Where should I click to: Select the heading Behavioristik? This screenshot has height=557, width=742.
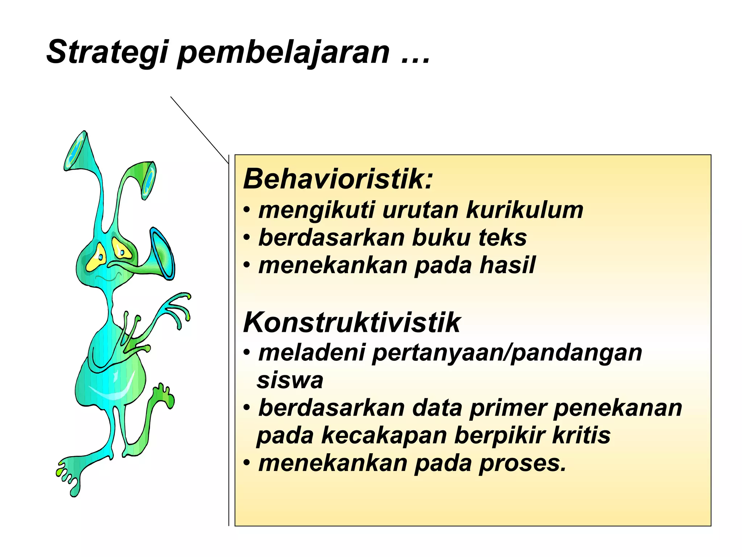click(x=338, y=179)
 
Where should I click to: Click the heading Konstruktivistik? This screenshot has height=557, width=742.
click(x=351, y=322)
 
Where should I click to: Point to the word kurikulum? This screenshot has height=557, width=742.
click(x=524, y=210)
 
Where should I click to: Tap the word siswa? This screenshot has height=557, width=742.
click(x=290, y=380)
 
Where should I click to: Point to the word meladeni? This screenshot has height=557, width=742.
click(x=312, y=353)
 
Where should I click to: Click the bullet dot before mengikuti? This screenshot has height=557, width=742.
click(x=247, y=210)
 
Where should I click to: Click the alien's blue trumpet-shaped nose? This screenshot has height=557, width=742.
click(x=161, y=254)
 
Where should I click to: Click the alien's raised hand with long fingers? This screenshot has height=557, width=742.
click(x=174, y=308)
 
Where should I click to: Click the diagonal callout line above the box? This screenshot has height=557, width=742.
click(x=199, y=130)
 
